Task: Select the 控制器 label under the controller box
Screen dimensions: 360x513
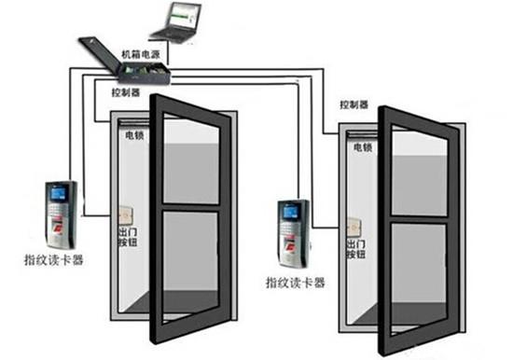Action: pyautogui.click(x=124, y=93)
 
